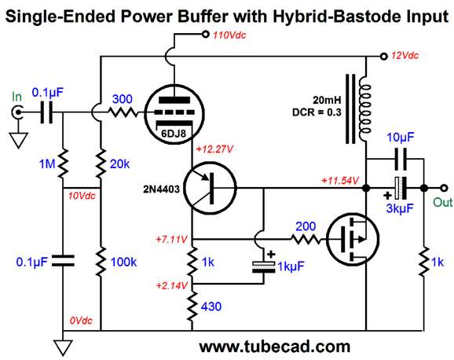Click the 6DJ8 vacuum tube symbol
174,114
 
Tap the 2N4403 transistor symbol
210,189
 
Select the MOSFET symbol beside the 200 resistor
353,240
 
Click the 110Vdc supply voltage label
229,35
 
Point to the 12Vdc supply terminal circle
383,57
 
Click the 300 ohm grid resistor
123,112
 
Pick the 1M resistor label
47,164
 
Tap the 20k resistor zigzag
101,163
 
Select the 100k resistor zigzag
101,262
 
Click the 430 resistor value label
211,307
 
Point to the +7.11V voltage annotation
172,240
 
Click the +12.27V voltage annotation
214,149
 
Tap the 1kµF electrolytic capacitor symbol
263,267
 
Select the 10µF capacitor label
401,138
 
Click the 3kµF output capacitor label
400,208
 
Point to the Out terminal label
442,202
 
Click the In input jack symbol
17,112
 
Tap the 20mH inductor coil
364,109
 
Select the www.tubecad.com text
274,347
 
